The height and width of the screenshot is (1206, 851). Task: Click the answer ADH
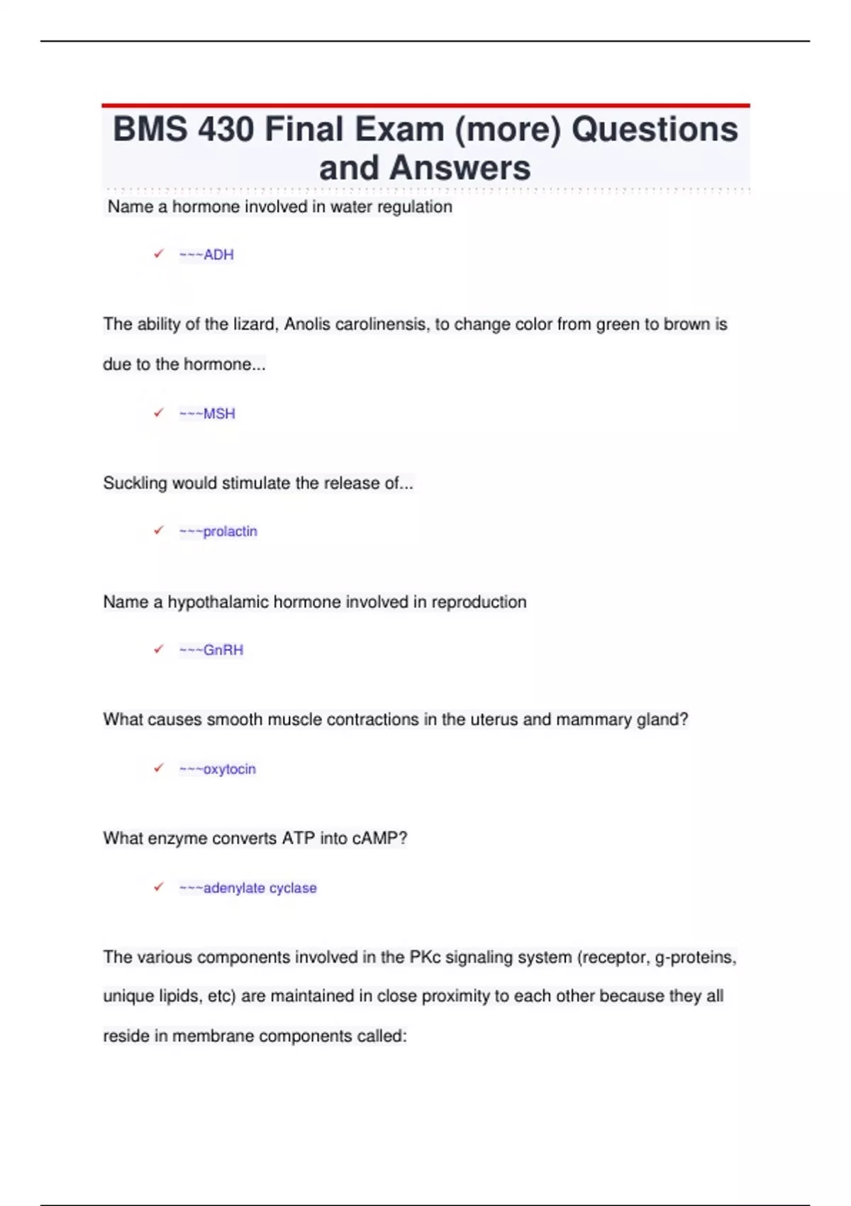pyautogui.click(x=218, y=255)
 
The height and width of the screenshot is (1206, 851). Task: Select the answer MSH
pyautogui.click(x=218, y=414)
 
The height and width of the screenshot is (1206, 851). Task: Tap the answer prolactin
pyautogui.click(x=230, y=531)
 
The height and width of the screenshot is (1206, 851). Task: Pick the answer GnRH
pyautogui.click(x=223, y=650)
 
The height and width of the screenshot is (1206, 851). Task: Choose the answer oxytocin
pyautogui.click(x=229, y=769)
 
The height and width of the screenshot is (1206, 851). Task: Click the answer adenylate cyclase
pyautogui.click(x=260, y=888)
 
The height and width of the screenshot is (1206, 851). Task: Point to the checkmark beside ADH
pyautogui.click(x=159, y=253)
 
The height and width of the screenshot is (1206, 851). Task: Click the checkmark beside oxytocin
pyautogui.click(x=159, y=768)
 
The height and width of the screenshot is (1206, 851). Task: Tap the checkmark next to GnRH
pyautogui.click(x=159, y=648)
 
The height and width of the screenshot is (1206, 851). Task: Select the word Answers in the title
pyautogui.click(x=460, y=168)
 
